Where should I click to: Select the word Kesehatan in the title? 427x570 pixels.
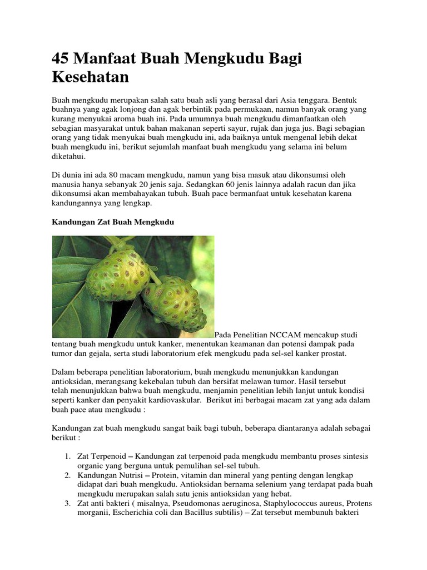(90, 77)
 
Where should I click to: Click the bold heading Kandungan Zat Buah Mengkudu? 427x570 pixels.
(113, 222)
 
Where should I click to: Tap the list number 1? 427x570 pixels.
(67, 456)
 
